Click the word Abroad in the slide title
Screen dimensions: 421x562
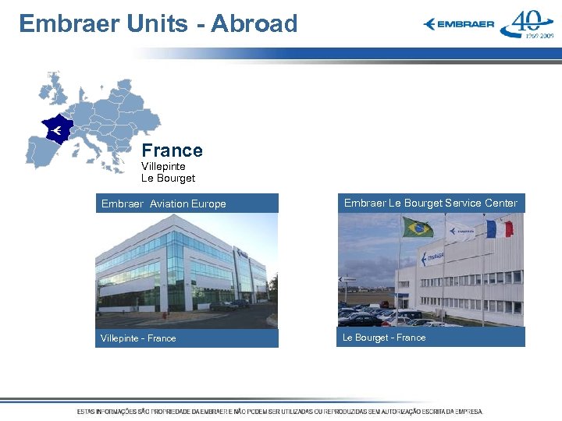pos(254,23)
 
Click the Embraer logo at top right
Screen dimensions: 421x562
pos(459,24)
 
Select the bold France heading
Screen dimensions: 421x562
pos(172,150)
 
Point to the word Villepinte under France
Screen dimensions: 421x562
pos(163,166)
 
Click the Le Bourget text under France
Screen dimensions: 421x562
pos(168,178)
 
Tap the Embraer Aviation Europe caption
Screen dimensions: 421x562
pos(163,203)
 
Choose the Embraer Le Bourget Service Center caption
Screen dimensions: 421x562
pos(431,203)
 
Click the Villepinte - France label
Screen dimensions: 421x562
pos(138,338)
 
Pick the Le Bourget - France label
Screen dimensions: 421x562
pos(384,338)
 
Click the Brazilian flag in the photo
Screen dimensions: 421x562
pos(418,227)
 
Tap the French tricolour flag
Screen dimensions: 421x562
pos(500,228)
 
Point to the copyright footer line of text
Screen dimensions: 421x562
pos(279,411)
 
